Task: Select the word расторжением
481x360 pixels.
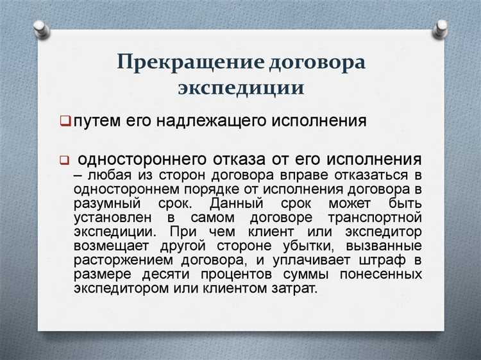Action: (118, 260)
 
